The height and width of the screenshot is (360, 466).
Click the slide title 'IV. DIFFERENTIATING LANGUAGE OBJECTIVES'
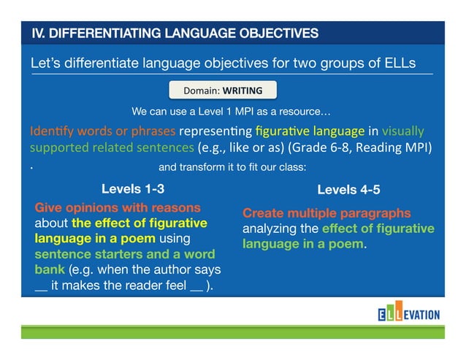(x=175, y=33)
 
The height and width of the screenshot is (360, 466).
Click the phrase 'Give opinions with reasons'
(x=118, y=207)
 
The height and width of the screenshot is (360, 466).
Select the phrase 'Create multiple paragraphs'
(x=326, y=213)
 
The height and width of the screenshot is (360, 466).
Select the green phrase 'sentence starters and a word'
(x=124, y=253)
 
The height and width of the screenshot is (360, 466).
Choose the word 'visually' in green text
(x=402, y=131)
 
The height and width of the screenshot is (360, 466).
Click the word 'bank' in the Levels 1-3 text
(x=50, y=269)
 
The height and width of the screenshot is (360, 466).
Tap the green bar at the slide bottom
(x=232, y=333)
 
